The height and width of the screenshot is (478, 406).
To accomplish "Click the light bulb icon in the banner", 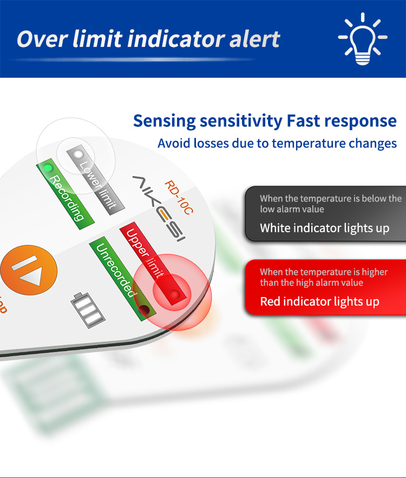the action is point(363,38).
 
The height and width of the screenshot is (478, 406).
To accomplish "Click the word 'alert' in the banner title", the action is point(254,39).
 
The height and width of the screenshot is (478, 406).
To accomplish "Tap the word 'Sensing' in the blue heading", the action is point(165,122).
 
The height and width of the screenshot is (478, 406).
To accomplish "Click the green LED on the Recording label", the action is point(48,167).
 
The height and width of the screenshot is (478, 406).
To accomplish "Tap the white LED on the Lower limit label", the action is point(78,154).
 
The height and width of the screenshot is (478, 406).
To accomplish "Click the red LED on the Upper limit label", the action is point(175,294).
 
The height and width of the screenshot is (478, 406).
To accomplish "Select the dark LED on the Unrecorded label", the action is point(144,309).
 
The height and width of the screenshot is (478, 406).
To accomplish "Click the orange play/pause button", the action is point(29,271).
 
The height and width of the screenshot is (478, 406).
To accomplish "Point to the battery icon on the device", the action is point(88,311).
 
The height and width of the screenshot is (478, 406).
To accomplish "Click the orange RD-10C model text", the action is point(179,198).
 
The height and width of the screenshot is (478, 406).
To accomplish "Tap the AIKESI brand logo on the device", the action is point(159,208).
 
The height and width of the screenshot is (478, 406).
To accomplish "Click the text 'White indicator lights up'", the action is point(324,228).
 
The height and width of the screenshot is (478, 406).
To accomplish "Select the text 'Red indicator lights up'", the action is point(319,301).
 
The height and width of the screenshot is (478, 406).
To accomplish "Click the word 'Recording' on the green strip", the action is point(66,198).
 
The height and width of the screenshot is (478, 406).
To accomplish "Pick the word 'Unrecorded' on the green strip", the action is point(115,271).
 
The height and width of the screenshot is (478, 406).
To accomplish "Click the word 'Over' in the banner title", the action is point(42,39).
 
